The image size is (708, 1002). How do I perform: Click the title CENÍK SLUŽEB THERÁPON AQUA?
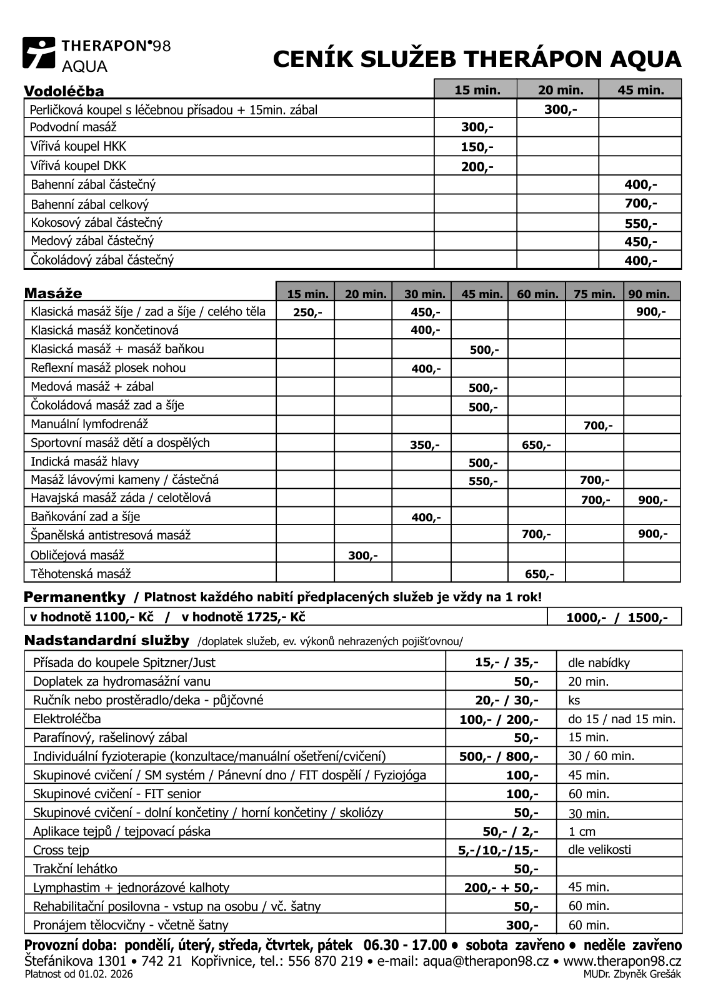pos(477,59)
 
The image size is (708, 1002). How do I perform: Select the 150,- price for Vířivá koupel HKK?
pos(477,148)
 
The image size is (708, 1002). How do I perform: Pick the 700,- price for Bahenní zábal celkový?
pos(641,204)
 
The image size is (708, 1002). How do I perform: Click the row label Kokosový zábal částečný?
pos(97,223)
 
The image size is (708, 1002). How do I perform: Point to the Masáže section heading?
pos(53,294)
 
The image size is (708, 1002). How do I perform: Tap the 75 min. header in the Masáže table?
pos(594,294)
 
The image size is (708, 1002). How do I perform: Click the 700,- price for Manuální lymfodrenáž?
pos(598,426)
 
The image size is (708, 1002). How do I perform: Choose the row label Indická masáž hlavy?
pos(85,462)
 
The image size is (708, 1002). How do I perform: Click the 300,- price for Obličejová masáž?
pos(362,556)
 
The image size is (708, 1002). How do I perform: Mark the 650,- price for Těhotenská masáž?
pos(539,574)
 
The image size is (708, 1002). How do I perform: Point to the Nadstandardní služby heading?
pos(106,641)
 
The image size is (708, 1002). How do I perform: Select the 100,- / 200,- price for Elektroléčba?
pos(498,719)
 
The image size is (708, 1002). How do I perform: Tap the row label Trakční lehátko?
pos(75,869)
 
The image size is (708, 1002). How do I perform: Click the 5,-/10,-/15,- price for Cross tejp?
pos(497,850)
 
